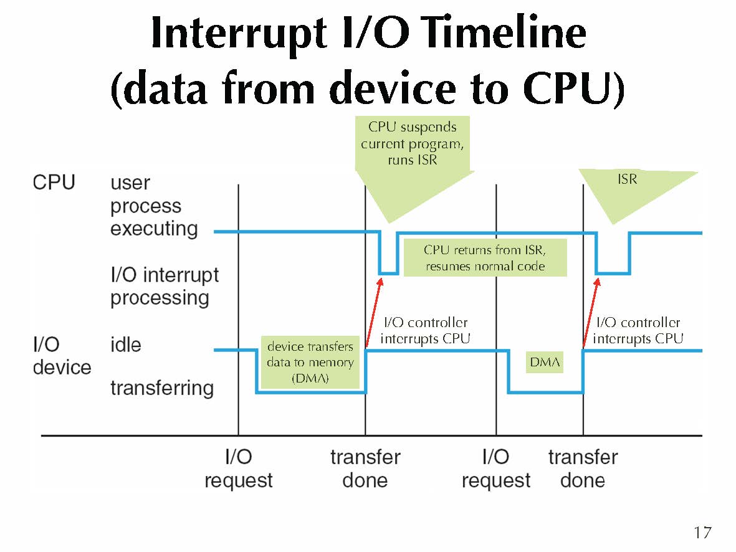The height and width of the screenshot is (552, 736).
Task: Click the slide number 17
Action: coord(702,533)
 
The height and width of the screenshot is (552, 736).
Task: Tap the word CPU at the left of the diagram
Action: coord(54,183)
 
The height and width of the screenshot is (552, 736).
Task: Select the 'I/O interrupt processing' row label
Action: coord(165,286)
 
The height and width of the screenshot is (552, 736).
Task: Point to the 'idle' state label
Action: coord(126,345)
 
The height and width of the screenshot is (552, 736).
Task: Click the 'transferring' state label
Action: coord(162,388)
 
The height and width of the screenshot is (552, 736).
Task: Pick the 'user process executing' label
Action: coord(154,206)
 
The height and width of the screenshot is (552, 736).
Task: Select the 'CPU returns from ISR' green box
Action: coord(485,258)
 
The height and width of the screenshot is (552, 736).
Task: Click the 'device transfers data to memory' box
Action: coord(310,363)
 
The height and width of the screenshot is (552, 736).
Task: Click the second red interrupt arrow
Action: coord(591,312)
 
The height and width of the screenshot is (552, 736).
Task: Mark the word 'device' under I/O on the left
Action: coord(62,367)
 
